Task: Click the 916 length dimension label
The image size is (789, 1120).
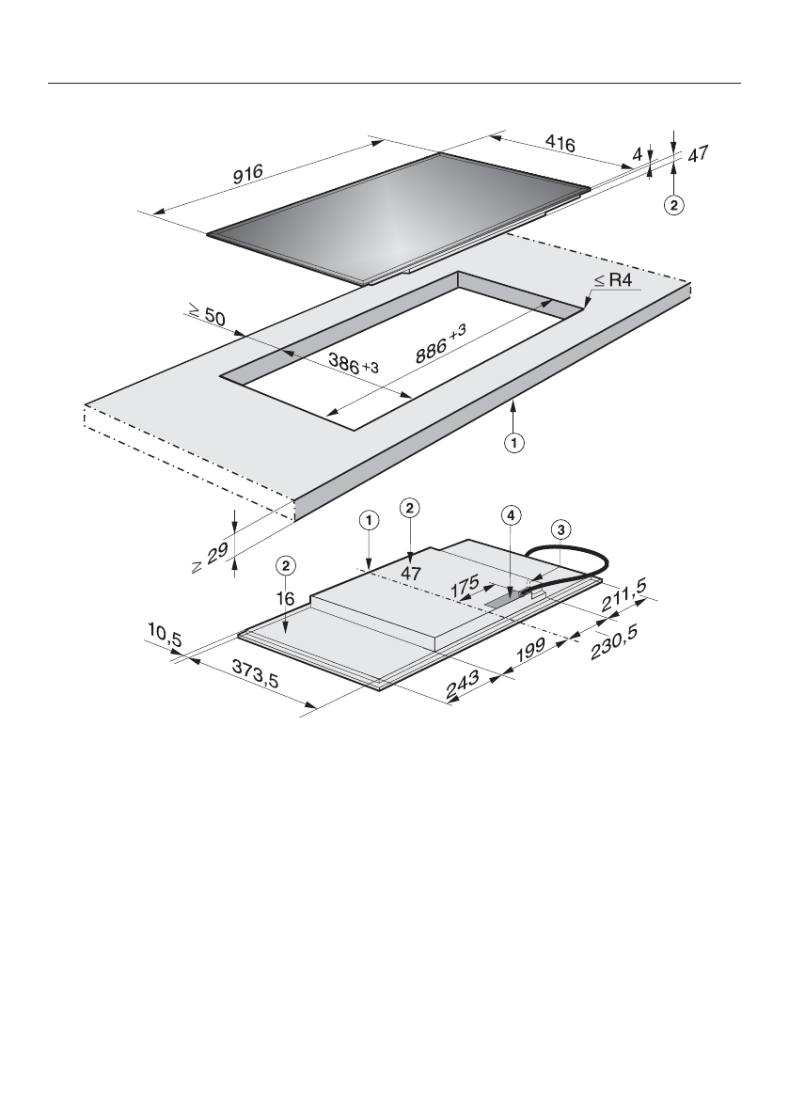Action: [247, 174]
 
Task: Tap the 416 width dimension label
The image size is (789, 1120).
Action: [560, 144]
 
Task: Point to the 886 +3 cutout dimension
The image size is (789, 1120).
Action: [440, 343]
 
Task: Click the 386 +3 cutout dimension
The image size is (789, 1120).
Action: [354, 363]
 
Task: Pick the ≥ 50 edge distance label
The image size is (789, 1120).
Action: [206, 314]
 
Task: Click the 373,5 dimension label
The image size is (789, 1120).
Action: [255, 673]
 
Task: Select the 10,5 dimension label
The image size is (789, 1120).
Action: [165, 634]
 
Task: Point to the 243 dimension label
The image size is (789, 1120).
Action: [463, 685]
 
